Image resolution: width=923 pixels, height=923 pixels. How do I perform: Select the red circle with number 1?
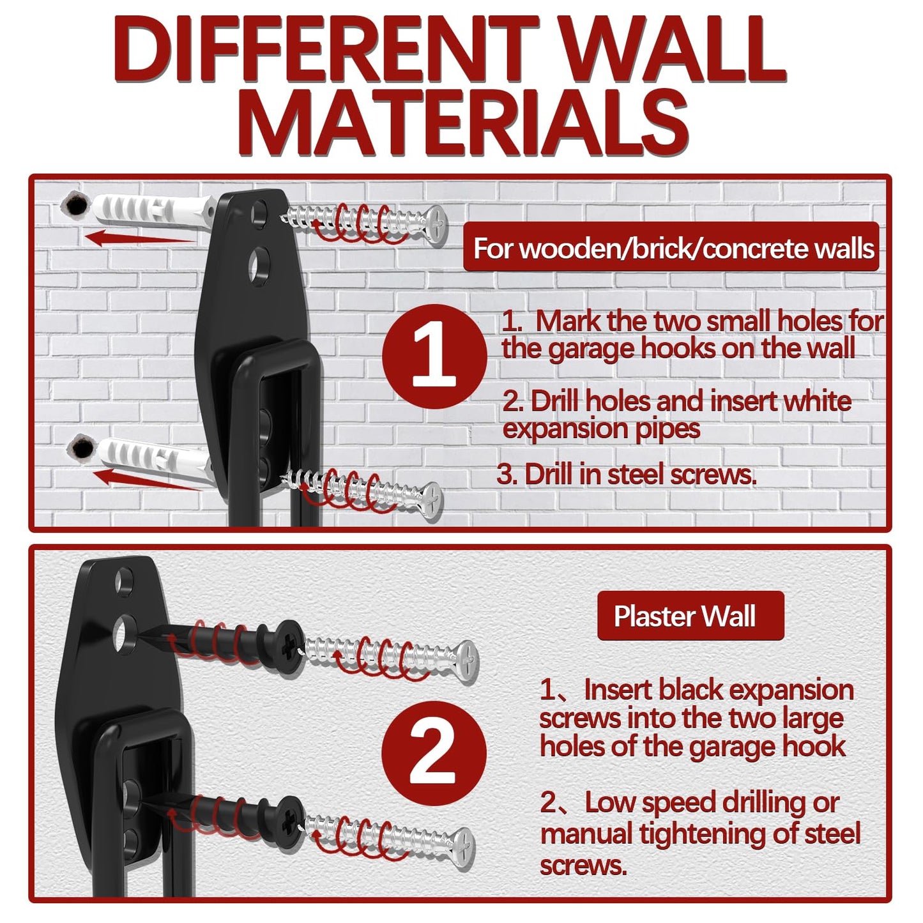434,356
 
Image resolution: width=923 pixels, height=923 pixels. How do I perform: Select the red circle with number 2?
434,752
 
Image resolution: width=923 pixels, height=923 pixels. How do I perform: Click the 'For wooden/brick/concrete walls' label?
671,248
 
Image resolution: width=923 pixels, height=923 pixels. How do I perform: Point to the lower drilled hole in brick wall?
81,448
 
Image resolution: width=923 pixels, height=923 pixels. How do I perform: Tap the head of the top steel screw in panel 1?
436,225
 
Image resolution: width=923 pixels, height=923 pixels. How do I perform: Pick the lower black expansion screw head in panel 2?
291,818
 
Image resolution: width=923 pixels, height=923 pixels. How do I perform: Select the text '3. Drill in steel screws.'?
627,475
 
